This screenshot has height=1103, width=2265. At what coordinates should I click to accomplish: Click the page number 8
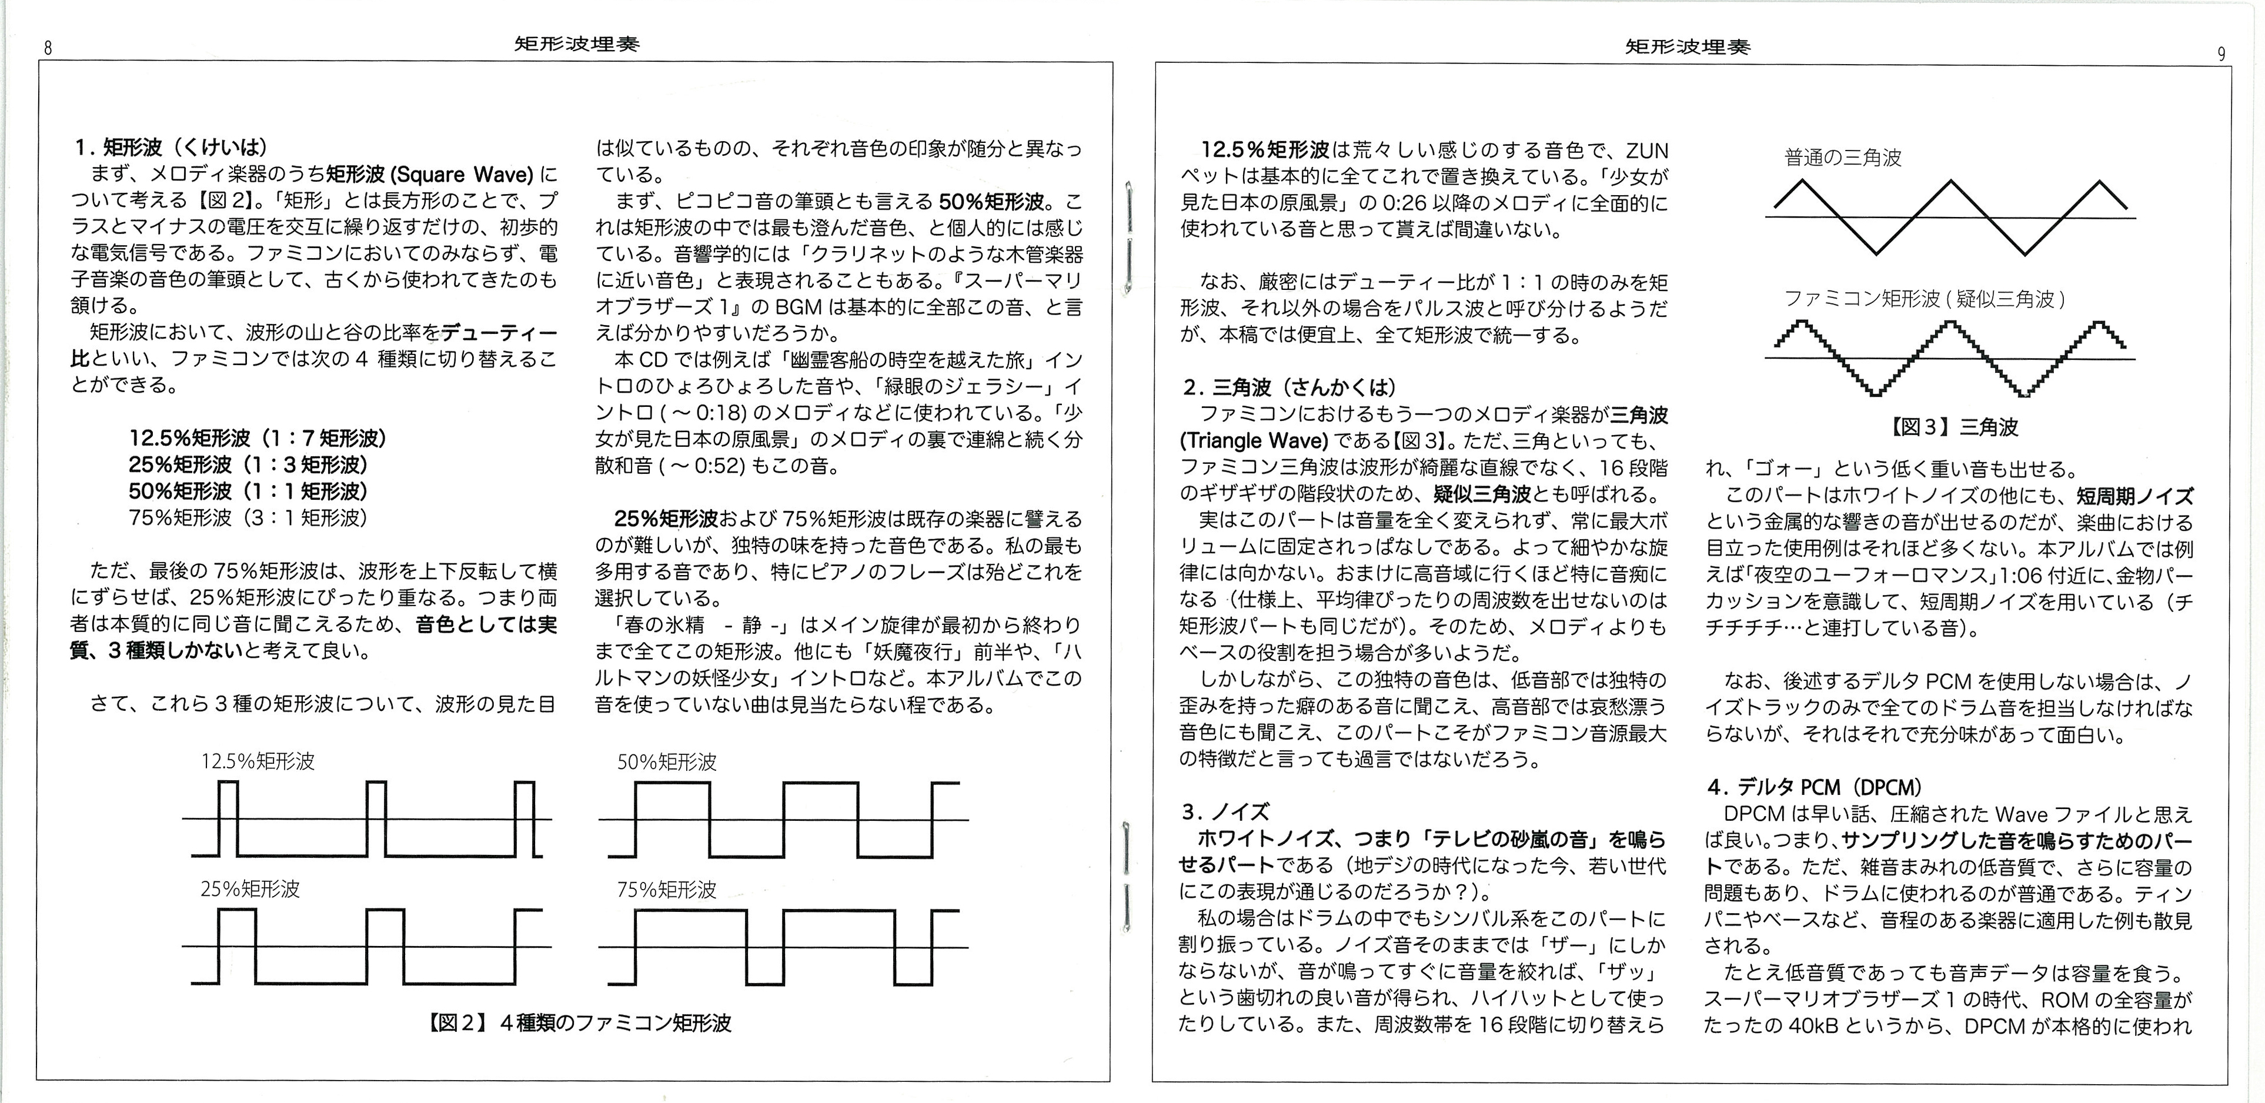pos(48,49)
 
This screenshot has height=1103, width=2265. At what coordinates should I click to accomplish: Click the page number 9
pos(2221,54)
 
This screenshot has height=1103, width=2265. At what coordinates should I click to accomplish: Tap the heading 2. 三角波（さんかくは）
pos(1289,387)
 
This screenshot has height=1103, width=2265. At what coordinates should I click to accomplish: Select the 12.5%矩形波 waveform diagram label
pos(258,761)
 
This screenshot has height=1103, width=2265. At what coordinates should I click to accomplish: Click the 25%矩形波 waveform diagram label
pos(250,888)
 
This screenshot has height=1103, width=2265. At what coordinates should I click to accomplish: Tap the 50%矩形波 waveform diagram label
pos(666,762)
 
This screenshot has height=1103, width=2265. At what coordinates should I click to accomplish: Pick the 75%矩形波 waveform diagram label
pos(666,890)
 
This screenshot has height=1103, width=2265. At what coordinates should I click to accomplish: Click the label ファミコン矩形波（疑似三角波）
pos(1925,299)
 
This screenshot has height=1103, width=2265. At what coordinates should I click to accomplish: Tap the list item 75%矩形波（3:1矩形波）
pos(248,517)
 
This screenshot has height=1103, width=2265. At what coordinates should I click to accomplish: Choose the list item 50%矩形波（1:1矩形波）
pos(248,492)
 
